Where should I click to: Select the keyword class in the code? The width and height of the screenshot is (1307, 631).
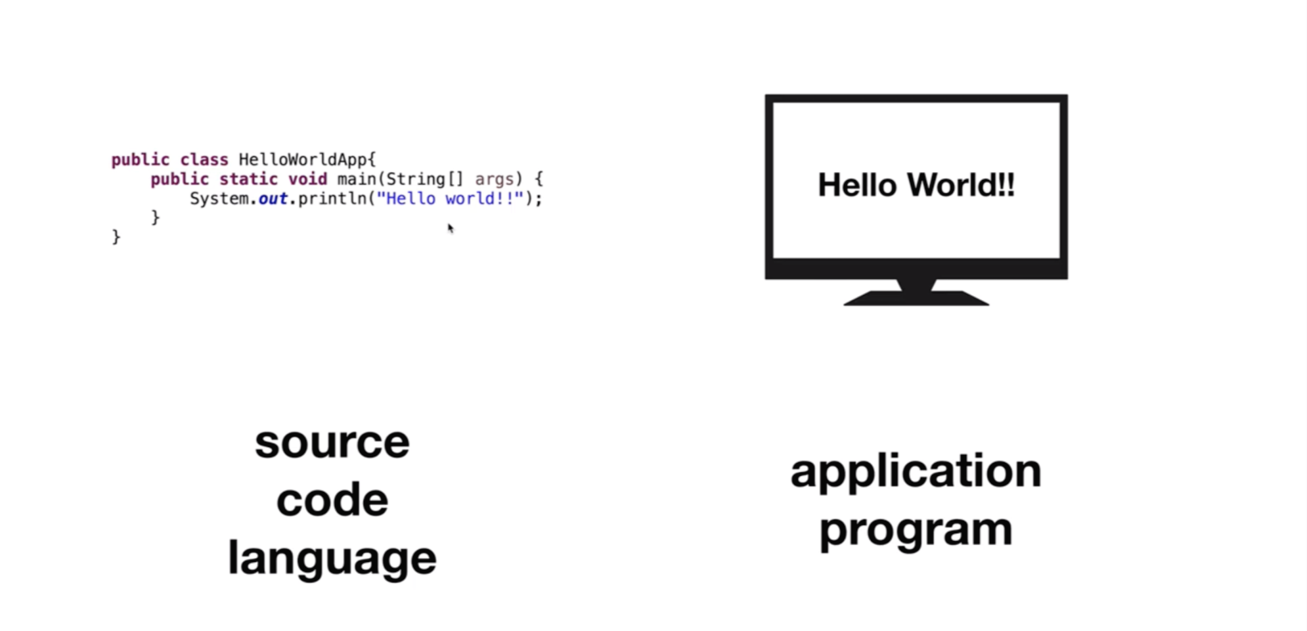[x=204, y=160]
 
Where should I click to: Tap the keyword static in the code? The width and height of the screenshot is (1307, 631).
[x=248, y=179]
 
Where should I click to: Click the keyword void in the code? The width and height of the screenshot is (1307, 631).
[x=307, y=179]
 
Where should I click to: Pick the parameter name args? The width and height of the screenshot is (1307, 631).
[x=494, y=179]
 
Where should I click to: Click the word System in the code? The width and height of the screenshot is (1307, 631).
[x=219, y=198]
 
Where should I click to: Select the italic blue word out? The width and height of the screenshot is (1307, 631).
[x=273, y=198]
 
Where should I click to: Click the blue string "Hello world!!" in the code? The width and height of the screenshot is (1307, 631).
[x=450, y=198]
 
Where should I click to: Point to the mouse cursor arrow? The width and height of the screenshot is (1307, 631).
[x=451, y=228]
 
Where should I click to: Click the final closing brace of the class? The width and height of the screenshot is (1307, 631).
[x=116, y=236]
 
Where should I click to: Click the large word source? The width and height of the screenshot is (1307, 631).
[x=332, y=443]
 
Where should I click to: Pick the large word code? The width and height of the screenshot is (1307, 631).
[x=332, y=500]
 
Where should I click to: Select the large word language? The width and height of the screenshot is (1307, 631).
[x=332, y=559]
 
